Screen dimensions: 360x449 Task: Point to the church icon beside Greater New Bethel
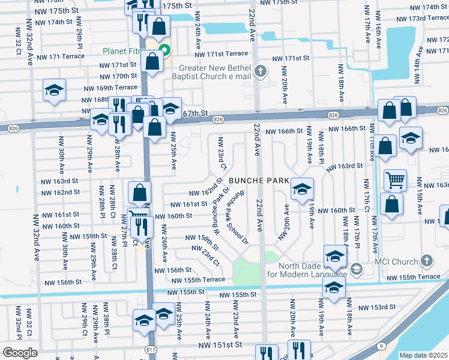tap(260, 71)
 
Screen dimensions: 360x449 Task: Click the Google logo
tap(20, 352)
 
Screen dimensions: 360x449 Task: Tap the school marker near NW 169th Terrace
tap(54, 91)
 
